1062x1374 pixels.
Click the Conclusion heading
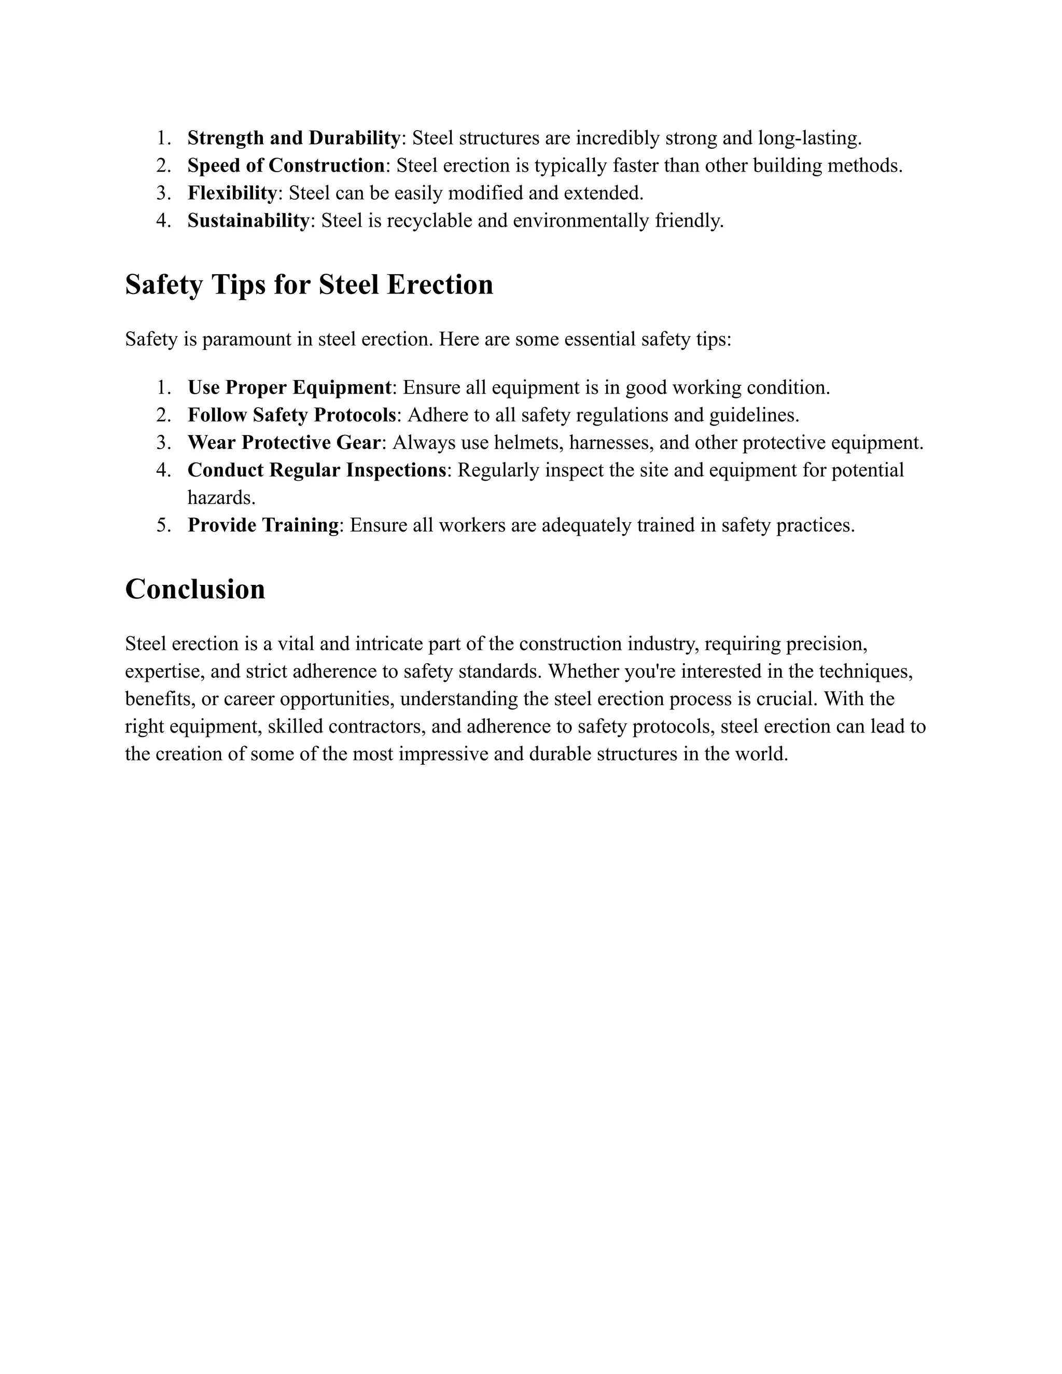click(195, 590)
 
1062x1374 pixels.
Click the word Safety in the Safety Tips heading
click(163, 285)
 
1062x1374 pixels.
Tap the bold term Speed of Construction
click(286, 165)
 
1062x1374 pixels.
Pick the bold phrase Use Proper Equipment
click(289, 387)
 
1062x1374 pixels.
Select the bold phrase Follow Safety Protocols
click(292, 415)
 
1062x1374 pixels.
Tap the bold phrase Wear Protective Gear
click(284, 443)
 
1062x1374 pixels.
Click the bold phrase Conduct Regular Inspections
click(317, 470)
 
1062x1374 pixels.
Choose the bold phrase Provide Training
click(263, 525)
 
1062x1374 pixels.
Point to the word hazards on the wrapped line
click(221, 498)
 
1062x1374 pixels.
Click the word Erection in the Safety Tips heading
click(439, 285)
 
